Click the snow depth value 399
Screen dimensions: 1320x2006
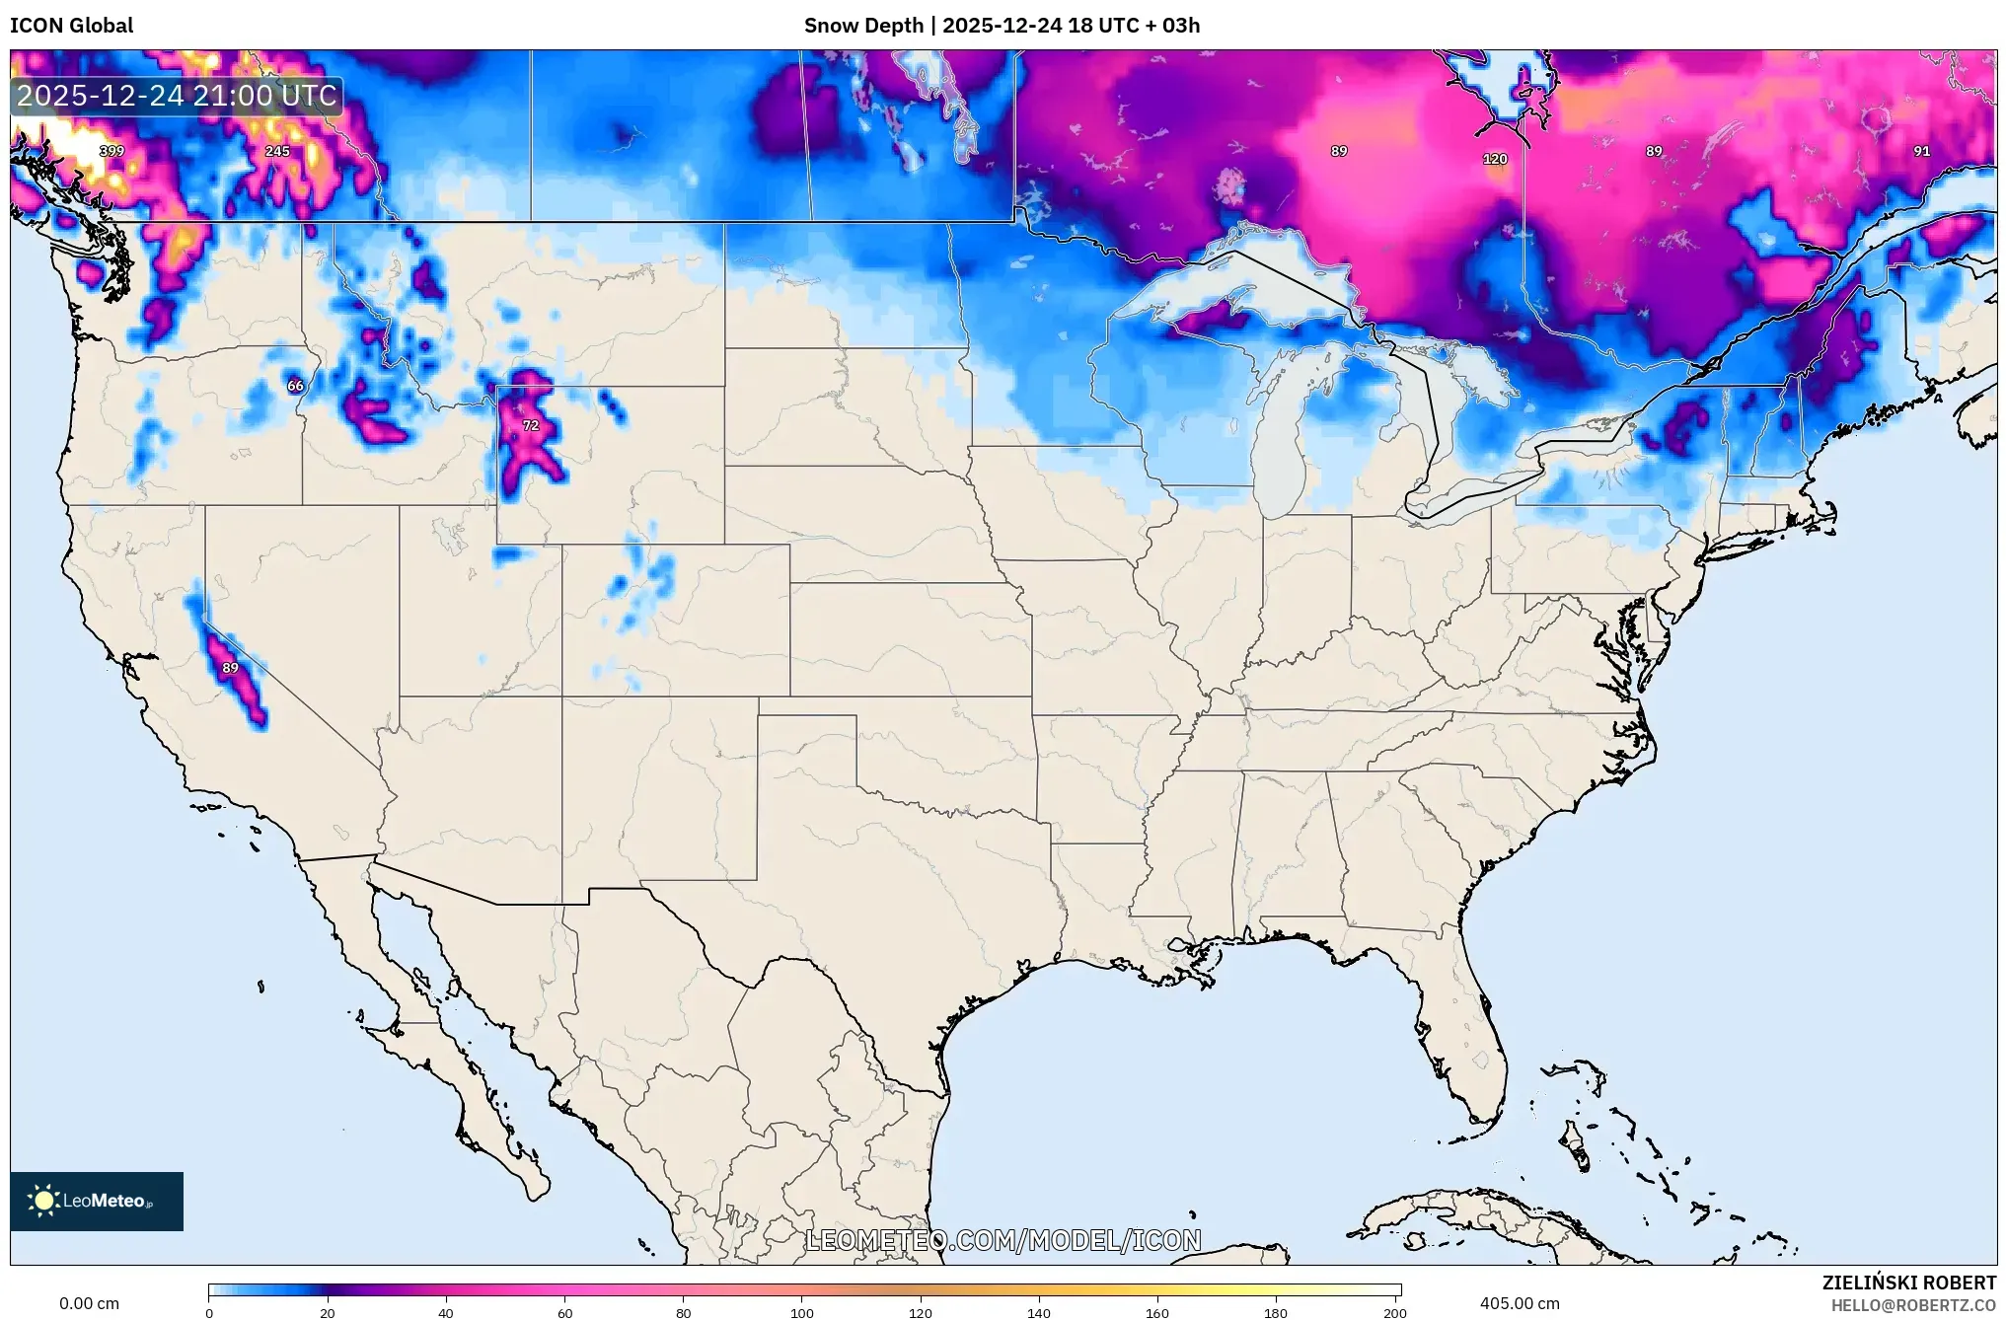click(111, 151)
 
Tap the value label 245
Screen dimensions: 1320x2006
click(277, 151)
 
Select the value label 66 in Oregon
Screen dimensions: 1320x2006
click(295, 386)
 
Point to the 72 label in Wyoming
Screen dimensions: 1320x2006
click(531, 425)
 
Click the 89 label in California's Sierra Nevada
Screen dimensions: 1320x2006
click(230, 668)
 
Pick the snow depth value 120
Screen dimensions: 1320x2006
click(1495, 159)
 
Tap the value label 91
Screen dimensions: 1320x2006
click(1921, 151)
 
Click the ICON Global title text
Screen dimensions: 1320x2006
click(71, 25)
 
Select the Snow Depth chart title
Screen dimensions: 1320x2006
click(1002, 25)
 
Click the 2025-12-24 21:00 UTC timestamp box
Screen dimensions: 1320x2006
click(177, 96)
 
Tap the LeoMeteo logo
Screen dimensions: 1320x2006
click(97, 1201)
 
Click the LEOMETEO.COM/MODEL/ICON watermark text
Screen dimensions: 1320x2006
click(1003, 1240)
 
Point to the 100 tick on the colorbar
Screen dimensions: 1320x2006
click(801, 1312)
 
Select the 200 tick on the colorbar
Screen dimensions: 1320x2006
click(1394, 1312)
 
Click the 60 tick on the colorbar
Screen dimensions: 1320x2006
click(564, 1312)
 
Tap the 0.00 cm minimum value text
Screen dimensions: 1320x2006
click(89, 1303)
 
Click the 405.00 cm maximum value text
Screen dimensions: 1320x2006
click(1520, 1303)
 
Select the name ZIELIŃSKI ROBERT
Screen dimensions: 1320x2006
click(1908, 1283)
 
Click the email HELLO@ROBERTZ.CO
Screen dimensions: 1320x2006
click(1913, 1305)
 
